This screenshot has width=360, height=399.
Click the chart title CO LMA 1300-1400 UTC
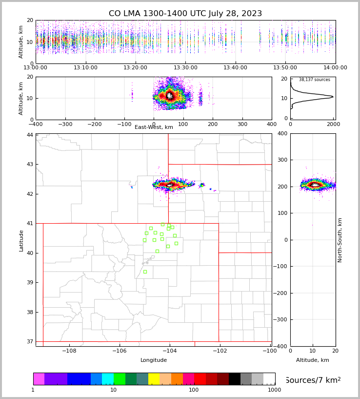tap(185, 14)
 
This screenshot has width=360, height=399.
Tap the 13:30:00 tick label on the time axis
tap(185, 68)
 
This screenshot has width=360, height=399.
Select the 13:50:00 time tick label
tap(285, 68)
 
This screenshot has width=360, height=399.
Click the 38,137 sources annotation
tap(315, 80)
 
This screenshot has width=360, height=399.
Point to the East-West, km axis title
tap(154, 127)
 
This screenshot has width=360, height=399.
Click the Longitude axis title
tap(154, 360)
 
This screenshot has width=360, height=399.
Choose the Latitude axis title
tap(21, 240)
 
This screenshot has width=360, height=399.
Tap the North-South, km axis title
tap(340, 240)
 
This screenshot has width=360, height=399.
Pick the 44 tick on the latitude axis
tap(30, 135)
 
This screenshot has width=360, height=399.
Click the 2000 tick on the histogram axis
tap(334, 124)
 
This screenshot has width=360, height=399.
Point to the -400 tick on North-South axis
tap(281, 346)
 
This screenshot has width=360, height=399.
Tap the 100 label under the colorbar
tap(194, 390)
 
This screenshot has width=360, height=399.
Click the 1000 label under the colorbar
tap(274, 390)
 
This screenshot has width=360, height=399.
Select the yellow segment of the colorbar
tap(154, 379)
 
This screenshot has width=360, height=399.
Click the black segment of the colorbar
tap(235, 379)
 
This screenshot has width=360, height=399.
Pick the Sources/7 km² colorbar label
tap(313, 380)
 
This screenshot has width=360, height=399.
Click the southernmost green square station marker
tap(145, 272)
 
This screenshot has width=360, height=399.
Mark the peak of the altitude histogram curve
tap(333, 97)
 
